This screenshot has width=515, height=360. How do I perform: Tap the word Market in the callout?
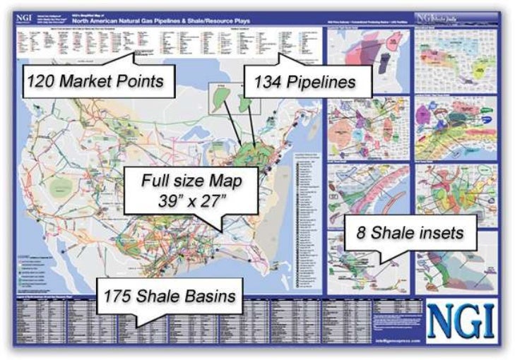click(x=91, y=81)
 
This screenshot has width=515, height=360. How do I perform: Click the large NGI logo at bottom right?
click(x=462, y=317)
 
